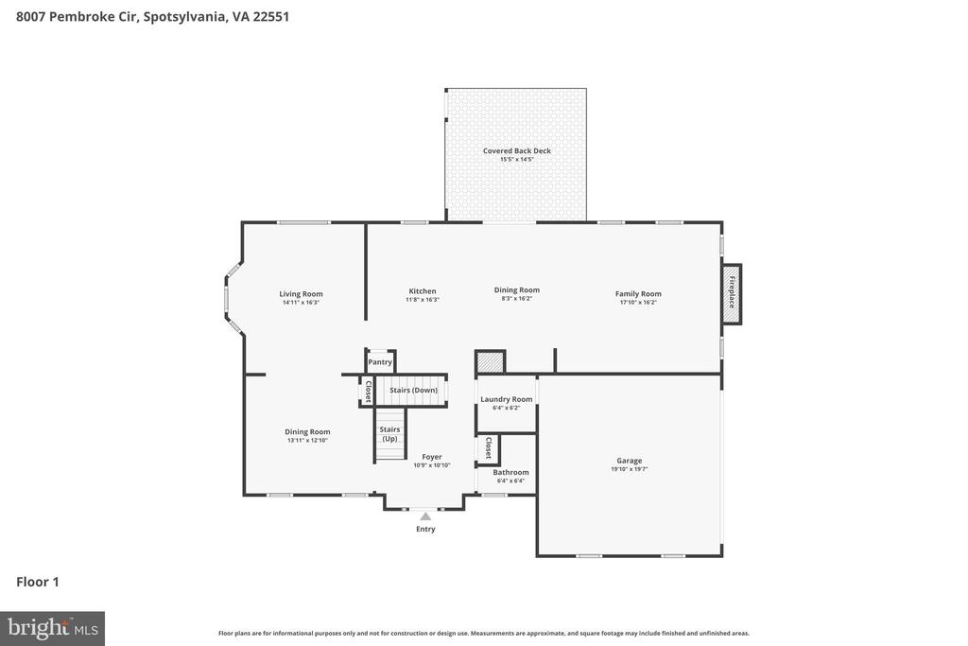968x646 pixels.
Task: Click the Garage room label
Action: [x=629, y=461]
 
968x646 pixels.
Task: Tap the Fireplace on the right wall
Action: [x=731, y=294]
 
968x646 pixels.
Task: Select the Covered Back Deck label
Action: [x=516, y=150]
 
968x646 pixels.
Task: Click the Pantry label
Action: [x=380, y=362]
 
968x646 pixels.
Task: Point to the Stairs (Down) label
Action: [x=413, y=390]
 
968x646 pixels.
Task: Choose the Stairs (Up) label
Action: [x=389, y=434]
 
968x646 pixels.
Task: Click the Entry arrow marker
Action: [x=425, y=516]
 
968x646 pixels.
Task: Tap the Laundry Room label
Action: [x=507, y=399]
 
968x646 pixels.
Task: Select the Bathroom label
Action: [x=510, y=472]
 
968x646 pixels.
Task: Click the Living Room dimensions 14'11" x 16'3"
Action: [x=301, y=303]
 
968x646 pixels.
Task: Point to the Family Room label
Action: [x=638, y=294]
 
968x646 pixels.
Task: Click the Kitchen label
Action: [x=423, y=291]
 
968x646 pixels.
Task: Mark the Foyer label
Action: [x=431, y=457]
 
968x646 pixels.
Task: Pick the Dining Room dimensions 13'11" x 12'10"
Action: [x=307, y=441]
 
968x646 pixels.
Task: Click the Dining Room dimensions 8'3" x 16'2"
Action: [x=517, y=299]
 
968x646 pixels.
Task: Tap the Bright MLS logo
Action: [x=52, y=628]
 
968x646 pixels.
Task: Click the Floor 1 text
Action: [x=38, y=582]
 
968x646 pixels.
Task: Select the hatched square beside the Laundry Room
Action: [x=490, y=362]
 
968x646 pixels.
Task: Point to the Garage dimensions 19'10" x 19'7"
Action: [x=629, y=469]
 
